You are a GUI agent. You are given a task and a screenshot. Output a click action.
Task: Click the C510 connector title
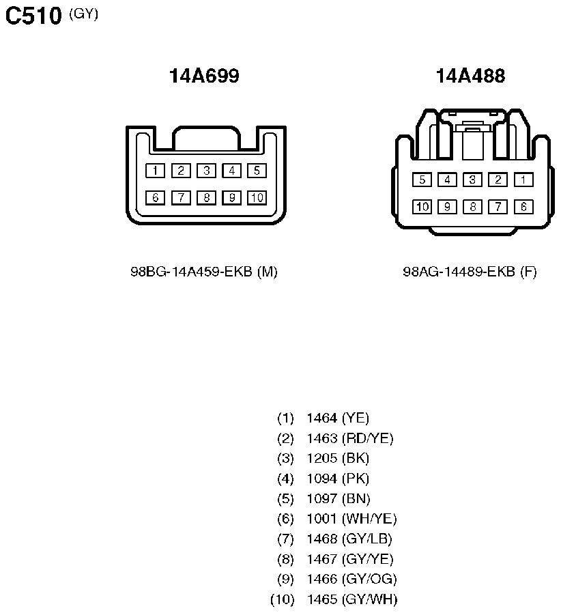(33, 16)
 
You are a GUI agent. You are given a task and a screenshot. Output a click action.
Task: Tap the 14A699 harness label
(204, 76)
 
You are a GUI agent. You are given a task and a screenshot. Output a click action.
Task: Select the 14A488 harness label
(471, 76)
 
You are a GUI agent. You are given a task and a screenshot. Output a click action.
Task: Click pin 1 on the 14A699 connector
(155, 171)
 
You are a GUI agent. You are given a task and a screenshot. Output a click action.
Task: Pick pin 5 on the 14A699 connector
(257, 171)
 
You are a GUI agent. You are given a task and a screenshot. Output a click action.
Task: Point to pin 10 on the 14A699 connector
(257, 198)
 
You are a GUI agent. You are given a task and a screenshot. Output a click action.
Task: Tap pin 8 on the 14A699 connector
(206, 198)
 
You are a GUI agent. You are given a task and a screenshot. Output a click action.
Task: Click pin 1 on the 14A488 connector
(523, 180)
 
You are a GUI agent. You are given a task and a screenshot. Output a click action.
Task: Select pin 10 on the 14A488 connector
(422, 207)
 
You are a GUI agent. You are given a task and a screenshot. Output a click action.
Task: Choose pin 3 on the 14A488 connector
(473, 180)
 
